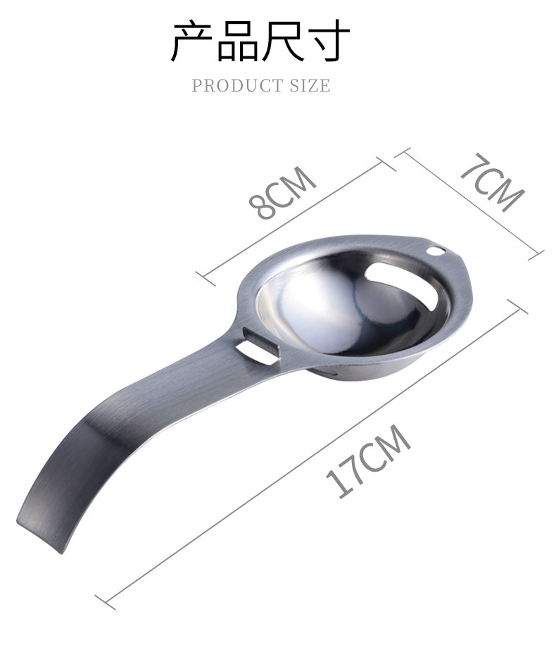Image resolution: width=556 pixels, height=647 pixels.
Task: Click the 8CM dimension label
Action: click(282, 192)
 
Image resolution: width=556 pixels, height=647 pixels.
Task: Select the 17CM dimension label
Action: click(368, 460)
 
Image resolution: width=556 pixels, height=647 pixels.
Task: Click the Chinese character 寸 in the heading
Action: click(329, 41)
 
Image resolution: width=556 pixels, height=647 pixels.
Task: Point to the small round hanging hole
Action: click(436, 250)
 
